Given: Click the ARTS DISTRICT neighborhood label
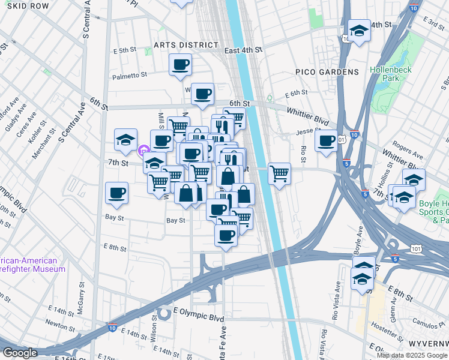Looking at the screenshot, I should coord(186,45).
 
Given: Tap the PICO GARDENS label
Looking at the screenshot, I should coord(327,72).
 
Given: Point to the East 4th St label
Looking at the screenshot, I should coord(244,51).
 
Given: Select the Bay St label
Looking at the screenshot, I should coord(175,221).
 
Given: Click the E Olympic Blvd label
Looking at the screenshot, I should coord(198,318).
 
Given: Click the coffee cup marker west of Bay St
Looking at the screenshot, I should coord(116,193).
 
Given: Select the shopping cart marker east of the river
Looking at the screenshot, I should coord(279,174).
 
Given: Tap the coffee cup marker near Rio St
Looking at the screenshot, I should coord(326,141).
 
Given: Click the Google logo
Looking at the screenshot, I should coord(20,353).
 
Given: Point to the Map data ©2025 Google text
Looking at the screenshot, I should coord(411,355).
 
